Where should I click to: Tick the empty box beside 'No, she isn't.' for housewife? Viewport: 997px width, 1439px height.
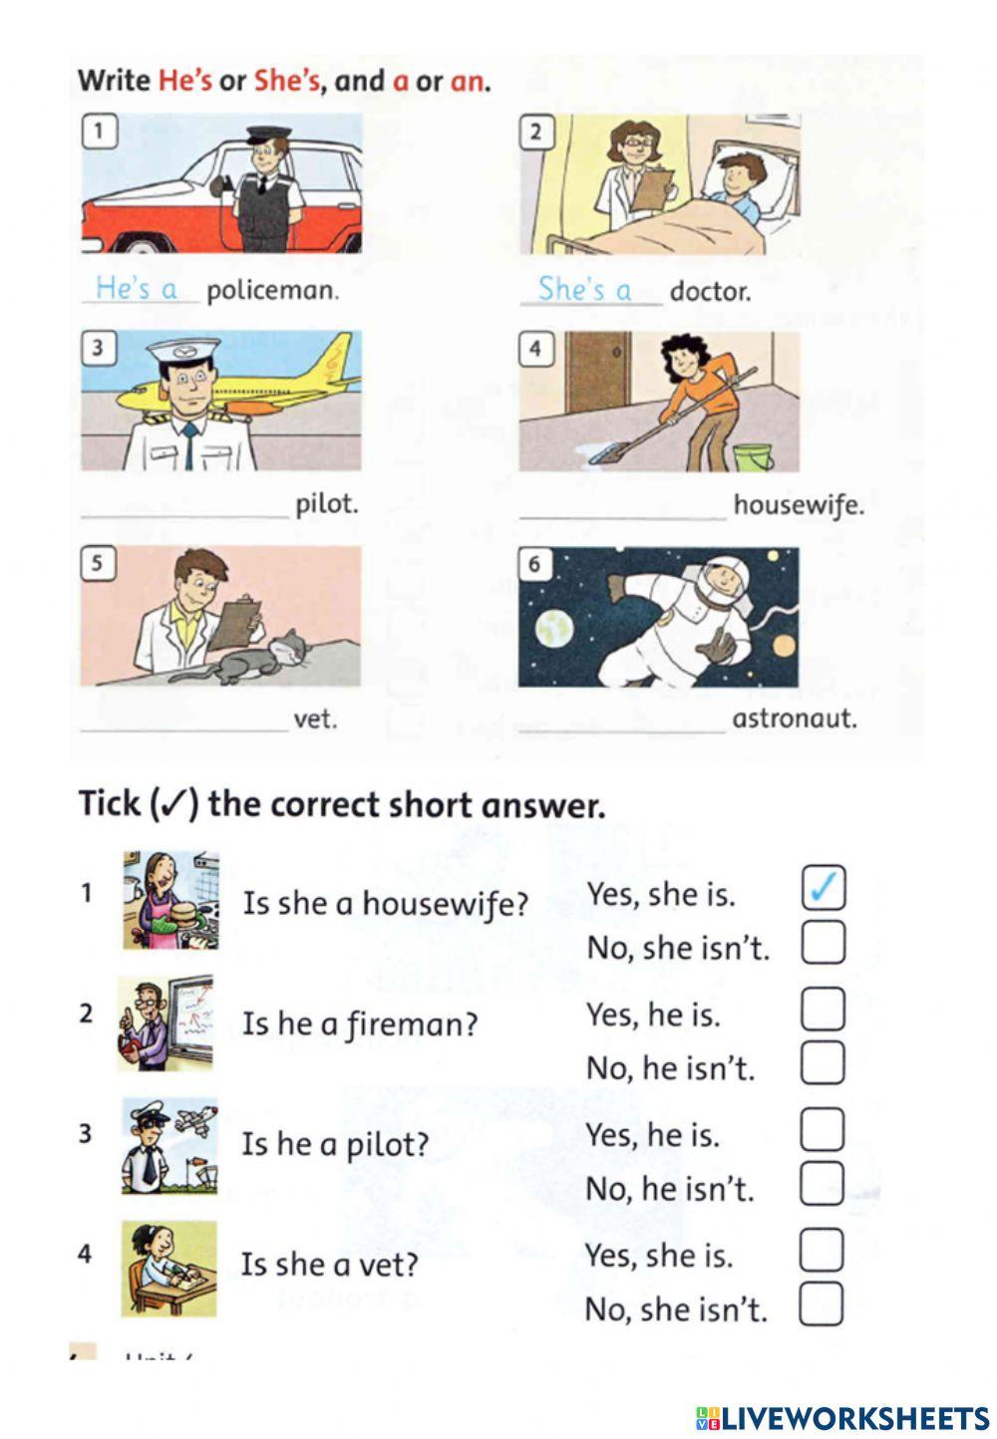823,942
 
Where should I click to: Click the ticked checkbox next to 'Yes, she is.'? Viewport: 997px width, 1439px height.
824,888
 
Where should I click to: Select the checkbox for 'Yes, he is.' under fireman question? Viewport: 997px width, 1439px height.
823,1009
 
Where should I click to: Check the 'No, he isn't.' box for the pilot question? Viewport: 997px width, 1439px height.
823,1184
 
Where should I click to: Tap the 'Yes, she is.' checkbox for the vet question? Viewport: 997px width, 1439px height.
822,1251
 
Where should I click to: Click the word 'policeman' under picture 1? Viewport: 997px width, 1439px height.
272,291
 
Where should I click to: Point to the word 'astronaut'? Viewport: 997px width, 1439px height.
794,719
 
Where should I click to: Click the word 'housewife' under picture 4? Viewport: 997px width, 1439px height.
798,505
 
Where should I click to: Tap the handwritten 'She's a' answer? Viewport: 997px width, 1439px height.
585,289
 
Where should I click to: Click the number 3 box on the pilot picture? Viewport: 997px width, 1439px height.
98,348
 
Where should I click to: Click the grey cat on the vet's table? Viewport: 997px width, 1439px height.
259,658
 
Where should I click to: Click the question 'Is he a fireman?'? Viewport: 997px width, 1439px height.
360,1024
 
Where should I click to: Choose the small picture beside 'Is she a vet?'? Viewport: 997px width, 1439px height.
168,1269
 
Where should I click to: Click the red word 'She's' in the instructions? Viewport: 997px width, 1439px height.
286,81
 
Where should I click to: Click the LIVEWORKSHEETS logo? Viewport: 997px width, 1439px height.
842,1418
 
